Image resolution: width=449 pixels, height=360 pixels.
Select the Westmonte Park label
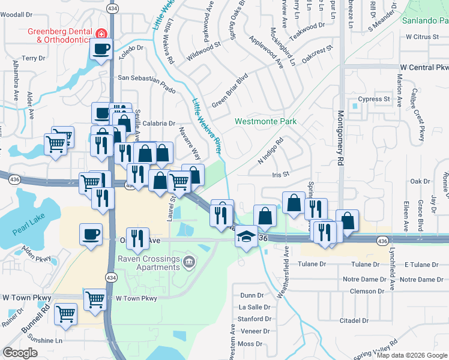(265, 121)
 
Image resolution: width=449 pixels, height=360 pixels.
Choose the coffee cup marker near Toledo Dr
(101, 49)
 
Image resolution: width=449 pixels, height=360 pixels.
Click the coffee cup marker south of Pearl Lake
(91, 233)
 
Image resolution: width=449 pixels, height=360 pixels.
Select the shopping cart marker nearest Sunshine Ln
(66, 313)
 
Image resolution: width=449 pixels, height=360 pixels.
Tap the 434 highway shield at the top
(112, 8)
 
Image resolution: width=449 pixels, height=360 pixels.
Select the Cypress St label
(374, 99)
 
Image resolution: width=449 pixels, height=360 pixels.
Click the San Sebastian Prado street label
(146, 77)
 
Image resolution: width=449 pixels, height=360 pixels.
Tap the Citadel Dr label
(354, 320)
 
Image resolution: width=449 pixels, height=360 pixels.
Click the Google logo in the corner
(20, 353)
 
